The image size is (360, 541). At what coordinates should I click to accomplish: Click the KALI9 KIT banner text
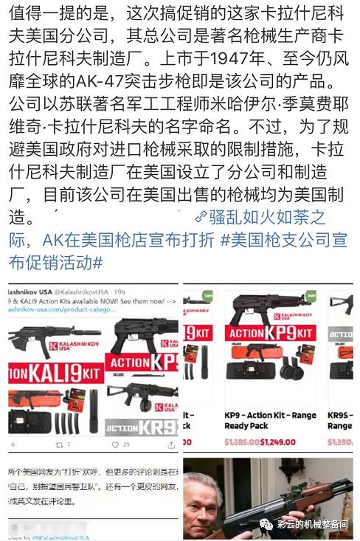[x=53, y=373]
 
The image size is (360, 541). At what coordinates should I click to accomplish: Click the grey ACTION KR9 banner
[x=140, y=427]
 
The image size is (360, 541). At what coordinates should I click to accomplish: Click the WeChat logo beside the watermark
[x=263, y=526]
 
